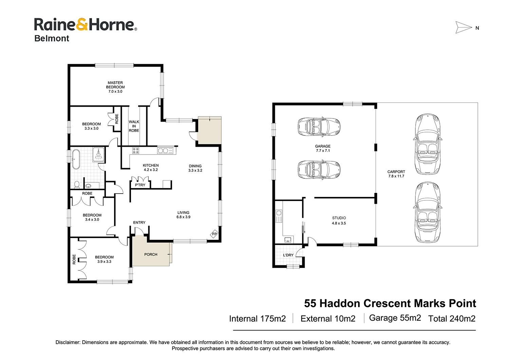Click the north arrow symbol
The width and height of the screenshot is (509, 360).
click(464, 28)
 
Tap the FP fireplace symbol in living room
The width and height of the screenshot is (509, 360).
click(214, 234)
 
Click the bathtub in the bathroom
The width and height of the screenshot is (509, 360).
click(76, 159)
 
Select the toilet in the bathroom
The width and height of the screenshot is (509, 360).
click(77, 185)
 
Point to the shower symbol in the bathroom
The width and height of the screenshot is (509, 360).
click(98, 155)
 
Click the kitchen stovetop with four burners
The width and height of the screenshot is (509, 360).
click(136, 151)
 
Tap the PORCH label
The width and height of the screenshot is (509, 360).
click(151, 254)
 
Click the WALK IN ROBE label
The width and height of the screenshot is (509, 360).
click(134, 126)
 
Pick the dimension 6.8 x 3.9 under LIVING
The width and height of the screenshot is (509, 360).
click(183, 217)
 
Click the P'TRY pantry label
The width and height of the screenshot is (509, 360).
click(140, 185)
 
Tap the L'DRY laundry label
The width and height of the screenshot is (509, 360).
click(288, 255)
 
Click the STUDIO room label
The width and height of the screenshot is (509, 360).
click(339, 218)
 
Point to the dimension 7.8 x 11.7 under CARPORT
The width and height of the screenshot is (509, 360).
click(396, 176)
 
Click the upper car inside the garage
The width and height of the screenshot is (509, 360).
click(319, 127)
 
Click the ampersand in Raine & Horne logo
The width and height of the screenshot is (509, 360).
click(82, 25)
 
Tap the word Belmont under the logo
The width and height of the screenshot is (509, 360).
click(52, 38)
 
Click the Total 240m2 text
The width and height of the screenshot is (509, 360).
click(452, 319)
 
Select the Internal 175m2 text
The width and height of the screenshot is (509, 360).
click(257, 319)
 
